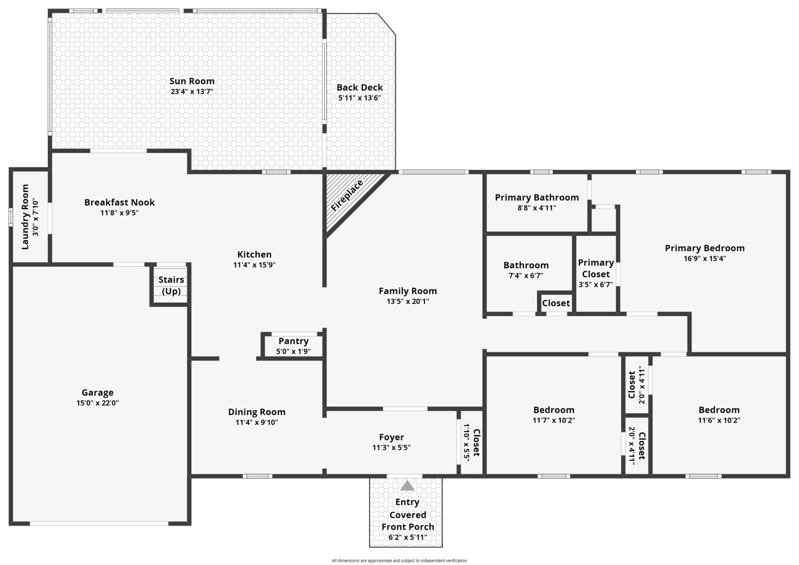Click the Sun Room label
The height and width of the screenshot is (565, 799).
tap(192, 81)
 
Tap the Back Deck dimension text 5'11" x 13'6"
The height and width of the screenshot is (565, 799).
tap(359, 98)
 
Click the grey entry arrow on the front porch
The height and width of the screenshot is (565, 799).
tap(407, 486)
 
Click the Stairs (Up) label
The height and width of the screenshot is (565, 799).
tap(171, 285)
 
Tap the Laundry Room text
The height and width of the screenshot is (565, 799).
tap(25, 217)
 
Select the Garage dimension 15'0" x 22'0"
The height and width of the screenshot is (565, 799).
tap(97, 403)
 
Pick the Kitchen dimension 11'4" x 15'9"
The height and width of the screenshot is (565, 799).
tap(254, 265)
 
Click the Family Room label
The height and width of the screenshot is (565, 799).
tap(408, 291)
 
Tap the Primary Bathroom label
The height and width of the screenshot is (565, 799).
tap(537, 198)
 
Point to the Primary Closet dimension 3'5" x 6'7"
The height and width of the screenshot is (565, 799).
tap(595, 285)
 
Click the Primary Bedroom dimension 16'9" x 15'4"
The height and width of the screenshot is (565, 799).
tap(705, 259)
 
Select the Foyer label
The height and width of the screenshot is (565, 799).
tap(391, 437)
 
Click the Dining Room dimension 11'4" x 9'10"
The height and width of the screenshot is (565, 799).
tap(256, 422)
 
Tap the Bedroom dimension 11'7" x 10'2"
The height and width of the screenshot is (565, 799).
tap(554, 420)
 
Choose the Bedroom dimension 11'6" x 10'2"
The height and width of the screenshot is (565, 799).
tap(719, 420)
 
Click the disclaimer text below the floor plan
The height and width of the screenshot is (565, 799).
tap(399, 561)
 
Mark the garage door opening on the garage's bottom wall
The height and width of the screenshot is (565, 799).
tap(99, 523)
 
